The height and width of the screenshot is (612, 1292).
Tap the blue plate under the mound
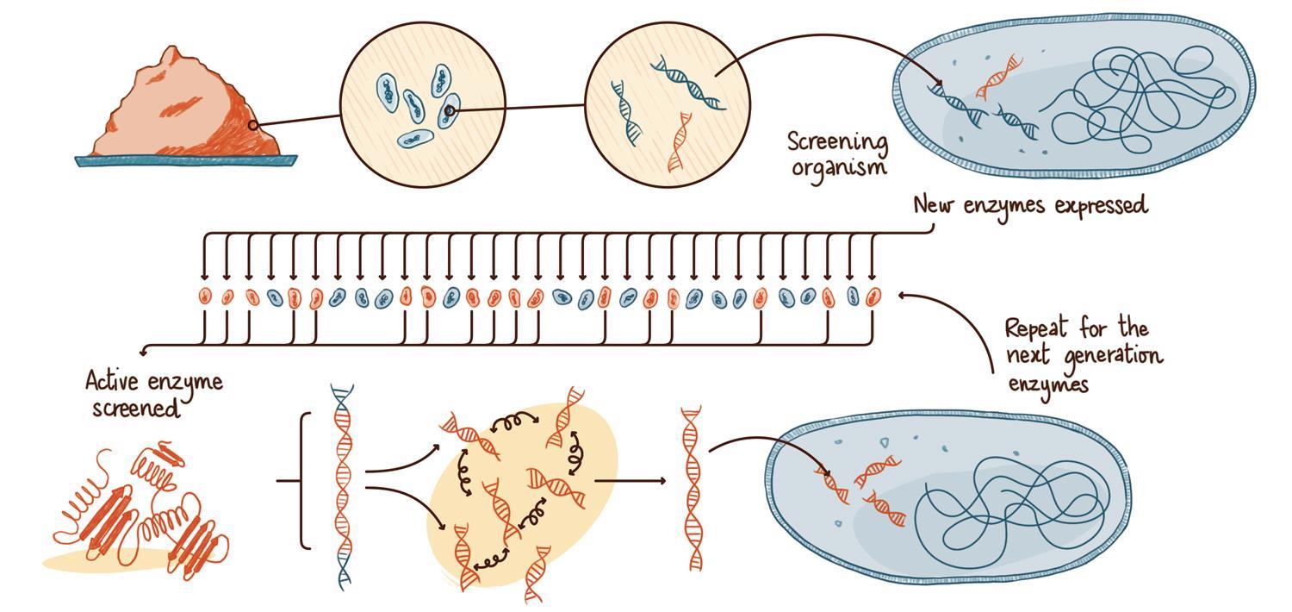(185, 160)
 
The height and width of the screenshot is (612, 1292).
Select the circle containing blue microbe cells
(422, 103)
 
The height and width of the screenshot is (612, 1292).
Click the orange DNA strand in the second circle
(680, 142)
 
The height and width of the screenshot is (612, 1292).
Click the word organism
(838, 165)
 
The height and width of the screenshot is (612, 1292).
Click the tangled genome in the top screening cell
(1137, 95)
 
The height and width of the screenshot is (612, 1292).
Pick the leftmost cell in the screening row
(205, 297)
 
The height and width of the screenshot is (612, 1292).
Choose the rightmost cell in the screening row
(873, 297)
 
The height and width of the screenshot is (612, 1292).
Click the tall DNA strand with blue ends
(342, 487)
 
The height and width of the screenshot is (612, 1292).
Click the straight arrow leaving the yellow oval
(629, 480)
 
